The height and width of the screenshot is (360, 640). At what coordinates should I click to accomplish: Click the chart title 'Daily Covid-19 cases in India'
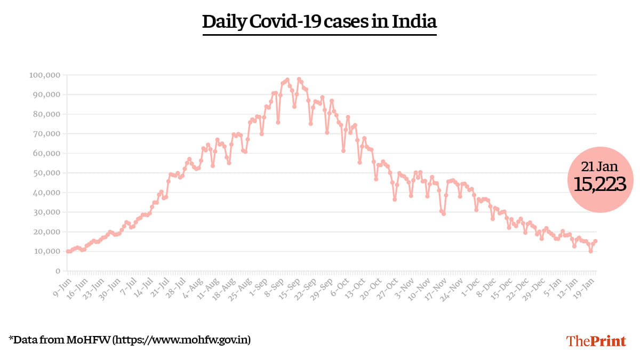[319, 22]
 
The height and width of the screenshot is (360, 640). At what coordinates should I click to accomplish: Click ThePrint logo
[596, 341]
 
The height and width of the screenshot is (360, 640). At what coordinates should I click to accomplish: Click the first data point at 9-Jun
[68, 251]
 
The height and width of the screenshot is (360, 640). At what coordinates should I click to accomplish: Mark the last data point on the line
[595, 241]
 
